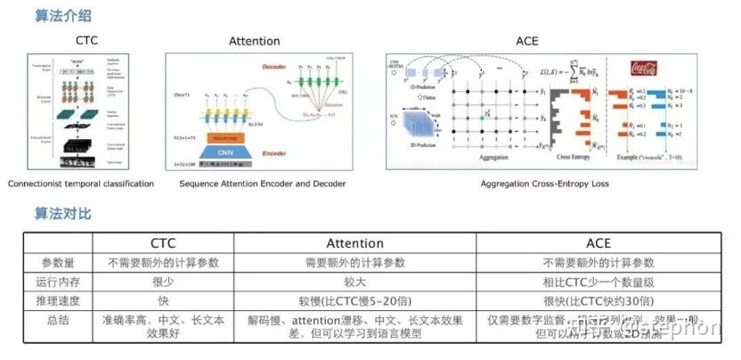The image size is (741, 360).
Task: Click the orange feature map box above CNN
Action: point(234,137)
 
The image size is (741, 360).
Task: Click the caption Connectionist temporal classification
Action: point(81,184)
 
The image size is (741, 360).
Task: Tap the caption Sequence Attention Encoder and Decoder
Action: point(262,184)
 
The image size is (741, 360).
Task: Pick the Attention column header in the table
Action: point(355,243)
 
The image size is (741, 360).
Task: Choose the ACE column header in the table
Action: point(598,243)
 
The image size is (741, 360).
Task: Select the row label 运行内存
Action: point(56,281)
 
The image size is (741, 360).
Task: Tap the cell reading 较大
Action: point(355,281)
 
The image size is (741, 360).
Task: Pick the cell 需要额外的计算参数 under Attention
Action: point(355,263)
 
